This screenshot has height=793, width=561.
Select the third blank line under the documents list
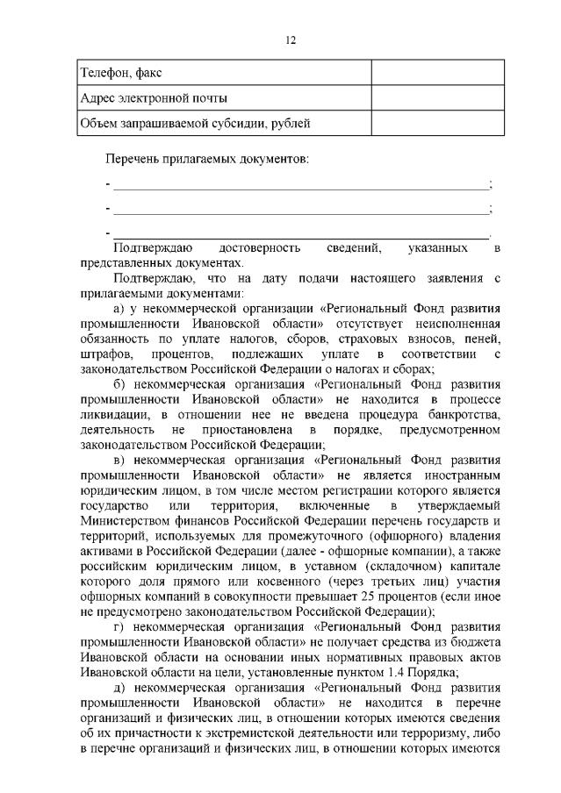[x=298, y=234]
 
